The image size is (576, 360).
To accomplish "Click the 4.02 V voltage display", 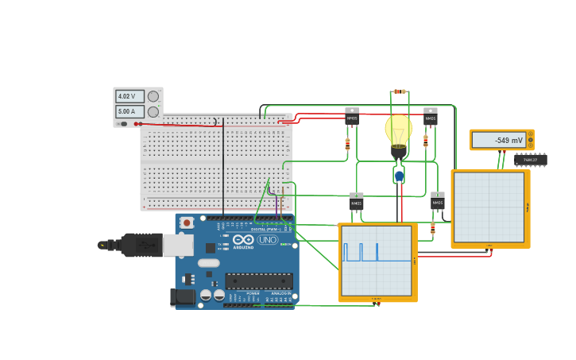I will click(130, 96).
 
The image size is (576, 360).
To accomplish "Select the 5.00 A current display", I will click(130, 112).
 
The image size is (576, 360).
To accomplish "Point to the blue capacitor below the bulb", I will click(399, 176).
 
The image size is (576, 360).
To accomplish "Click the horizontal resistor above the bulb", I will click(400, 91).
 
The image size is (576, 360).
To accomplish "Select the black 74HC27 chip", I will click(530, 160).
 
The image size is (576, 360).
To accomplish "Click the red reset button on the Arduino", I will click(187, 223).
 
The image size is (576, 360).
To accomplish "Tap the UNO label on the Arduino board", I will click(267, 239).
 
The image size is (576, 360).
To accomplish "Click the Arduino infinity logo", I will click(243, 239).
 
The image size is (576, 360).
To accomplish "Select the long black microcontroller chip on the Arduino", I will click(258, 281).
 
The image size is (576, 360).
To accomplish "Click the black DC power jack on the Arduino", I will click(183, 297).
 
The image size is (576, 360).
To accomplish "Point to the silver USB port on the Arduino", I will click(178, 245).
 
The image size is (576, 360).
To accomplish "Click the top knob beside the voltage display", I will click(153, 96).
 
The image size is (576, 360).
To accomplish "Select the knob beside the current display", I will click(153, 112).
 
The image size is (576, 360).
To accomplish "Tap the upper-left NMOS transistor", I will click(352, 117).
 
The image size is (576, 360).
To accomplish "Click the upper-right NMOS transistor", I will click(430, 117).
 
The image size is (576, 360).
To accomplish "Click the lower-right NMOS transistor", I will click(438, 201).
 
